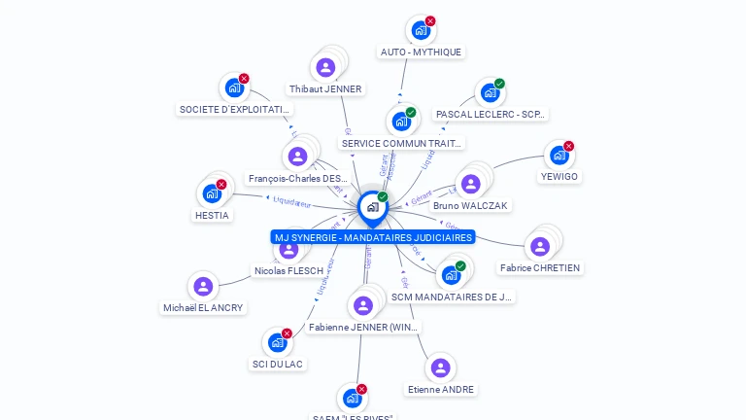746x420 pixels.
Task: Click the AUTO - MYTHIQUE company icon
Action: [x=420, y=30]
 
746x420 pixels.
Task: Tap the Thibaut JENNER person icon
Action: [x=325, y=67]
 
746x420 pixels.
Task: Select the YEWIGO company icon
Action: [x=558, y=155]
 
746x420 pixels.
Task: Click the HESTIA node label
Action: [x=212, y=215]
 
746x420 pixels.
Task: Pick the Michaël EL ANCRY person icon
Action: [x=203, y=286]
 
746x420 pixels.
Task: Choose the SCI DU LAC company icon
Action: [x=277, y=342]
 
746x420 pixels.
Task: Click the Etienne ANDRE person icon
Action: [x=441, y=367]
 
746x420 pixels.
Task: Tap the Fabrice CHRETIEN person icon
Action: [x=540, y=246]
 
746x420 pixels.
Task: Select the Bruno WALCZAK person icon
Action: [x=471, y=184]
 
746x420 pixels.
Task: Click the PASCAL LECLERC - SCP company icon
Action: [x=490, y=92]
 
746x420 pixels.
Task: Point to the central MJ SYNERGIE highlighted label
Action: [x=373, y=237]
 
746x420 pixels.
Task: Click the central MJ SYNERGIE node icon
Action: [x=372, y=206]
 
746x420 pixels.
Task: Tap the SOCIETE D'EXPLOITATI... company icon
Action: [x=234, y=87]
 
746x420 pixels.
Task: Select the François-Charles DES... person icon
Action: [x=297, y=156]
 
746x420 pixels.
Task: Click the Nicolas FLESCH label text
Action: [x=288, y=270]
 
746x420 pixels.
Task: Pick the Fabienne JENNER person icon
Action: [x=363, y=306]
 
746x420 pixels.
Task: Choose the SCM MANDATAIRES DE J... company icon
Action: [x=451, y=275]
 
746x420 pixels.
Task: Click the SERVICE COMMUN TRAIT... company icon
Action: [x=400, y=122]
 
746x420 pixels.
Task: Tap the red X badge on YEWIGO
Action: [x=569, y=146]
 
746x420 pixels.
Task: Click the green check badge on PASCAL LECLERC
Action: [x=499, y=84]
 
